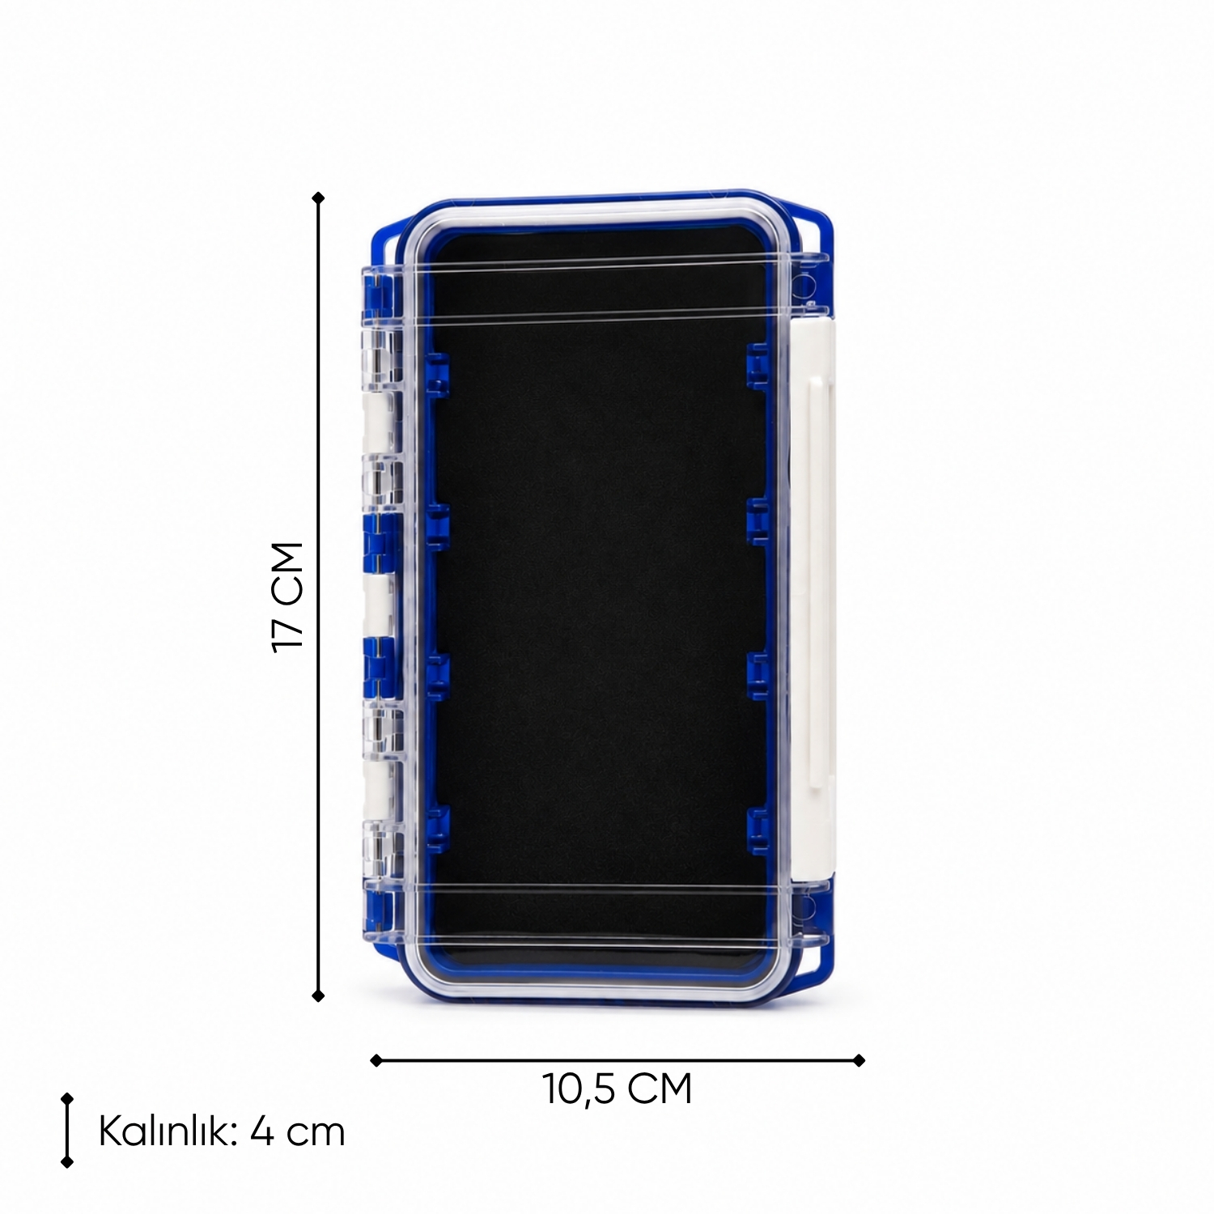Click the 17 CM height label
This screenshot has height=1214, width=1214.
(x=288, y=597)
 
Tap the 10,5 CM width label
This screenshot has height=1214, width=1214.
(x=618, y=1089)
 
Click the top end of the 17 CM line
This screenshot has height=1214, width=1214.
(x=318, y=197)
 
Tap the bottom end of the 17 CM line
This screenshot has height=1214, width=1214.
(x=318, y=995)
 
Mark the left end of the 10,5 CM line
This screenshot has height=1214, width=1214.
(x=376, y=1060)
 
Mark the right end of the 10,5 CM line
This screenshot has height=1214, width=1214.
(x=860, y=1060)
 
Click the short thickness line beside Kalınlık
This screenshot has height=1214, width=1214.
(x=67, y=1131)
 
